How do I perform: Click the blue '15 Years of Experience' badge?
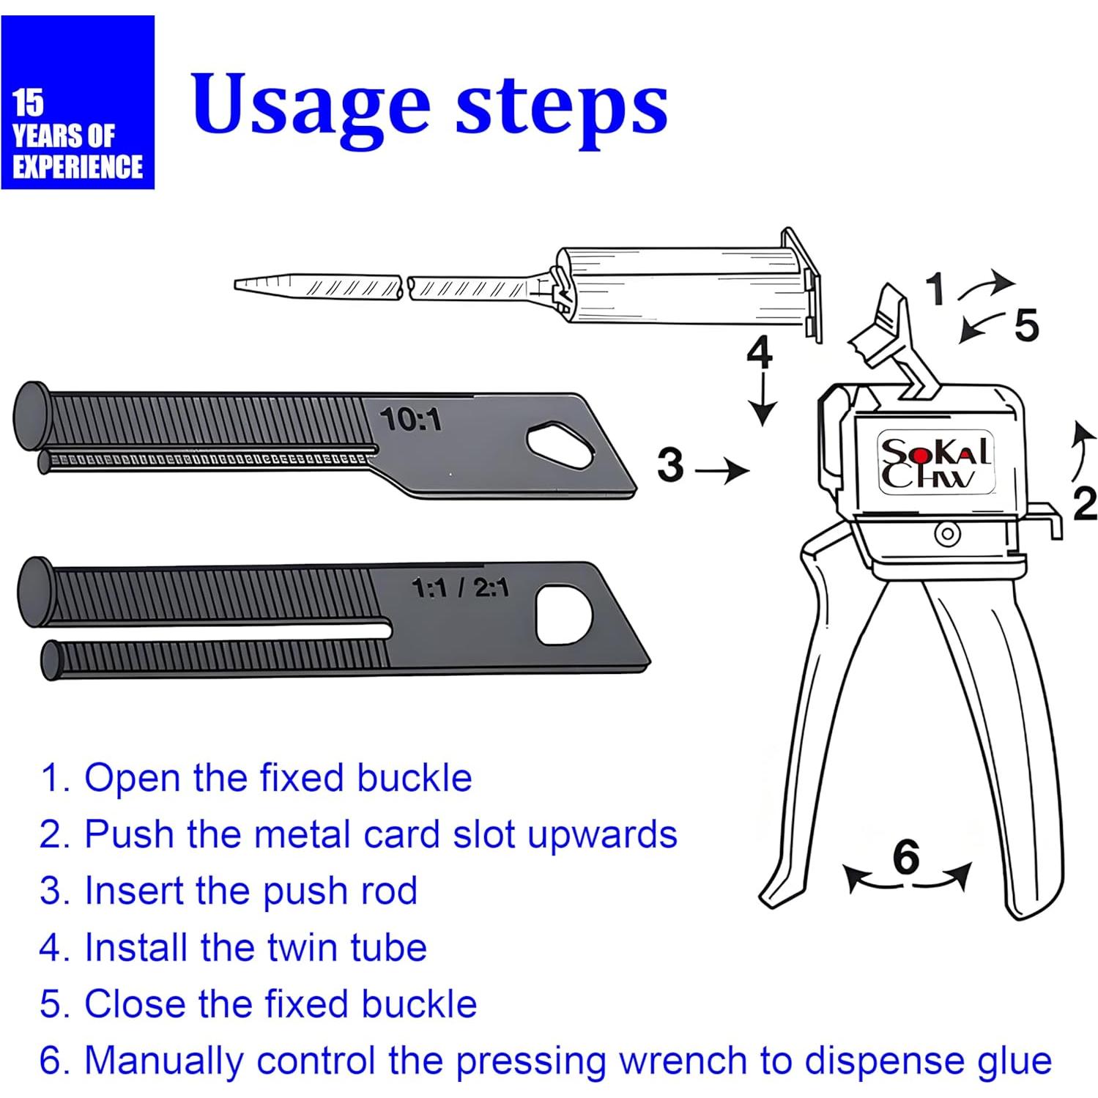78,103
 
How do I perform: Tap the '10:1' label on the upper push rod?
410,420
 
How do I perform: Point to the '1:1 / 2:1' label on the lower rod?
460,587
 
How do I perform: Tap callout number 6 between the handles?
906,856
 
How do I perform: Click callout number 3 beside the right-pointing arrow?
670,464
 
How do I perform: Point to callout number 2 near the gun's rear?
1085,504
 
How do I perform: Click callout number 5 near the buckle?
1026,325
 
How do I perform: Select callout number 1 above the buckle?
935,289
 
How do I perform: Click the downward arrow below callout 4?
764,398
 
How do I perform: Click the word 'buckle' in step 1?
415,778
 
